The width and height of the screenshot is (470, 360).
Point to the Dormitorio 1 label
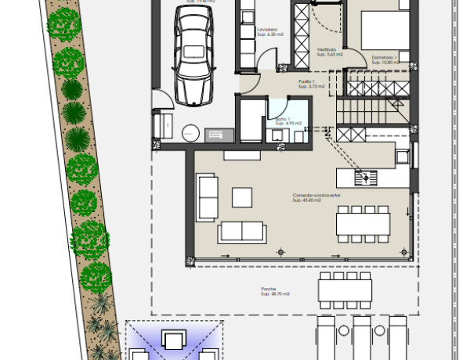point(385,59)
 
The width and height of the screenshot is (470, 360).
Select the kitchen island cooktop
point(365,177)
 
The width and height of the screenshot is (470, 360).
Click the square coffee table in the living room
point(241,194)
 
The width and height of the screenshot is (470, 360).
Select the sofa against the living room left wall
point(208,197)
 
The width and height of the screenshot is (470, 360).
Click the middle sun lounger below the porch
point(361,338)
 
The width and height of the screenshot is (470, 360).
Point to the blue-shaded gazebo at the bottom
point(173,341)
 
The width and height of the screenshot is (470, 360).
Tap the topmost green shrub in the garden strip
point(63,25)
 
